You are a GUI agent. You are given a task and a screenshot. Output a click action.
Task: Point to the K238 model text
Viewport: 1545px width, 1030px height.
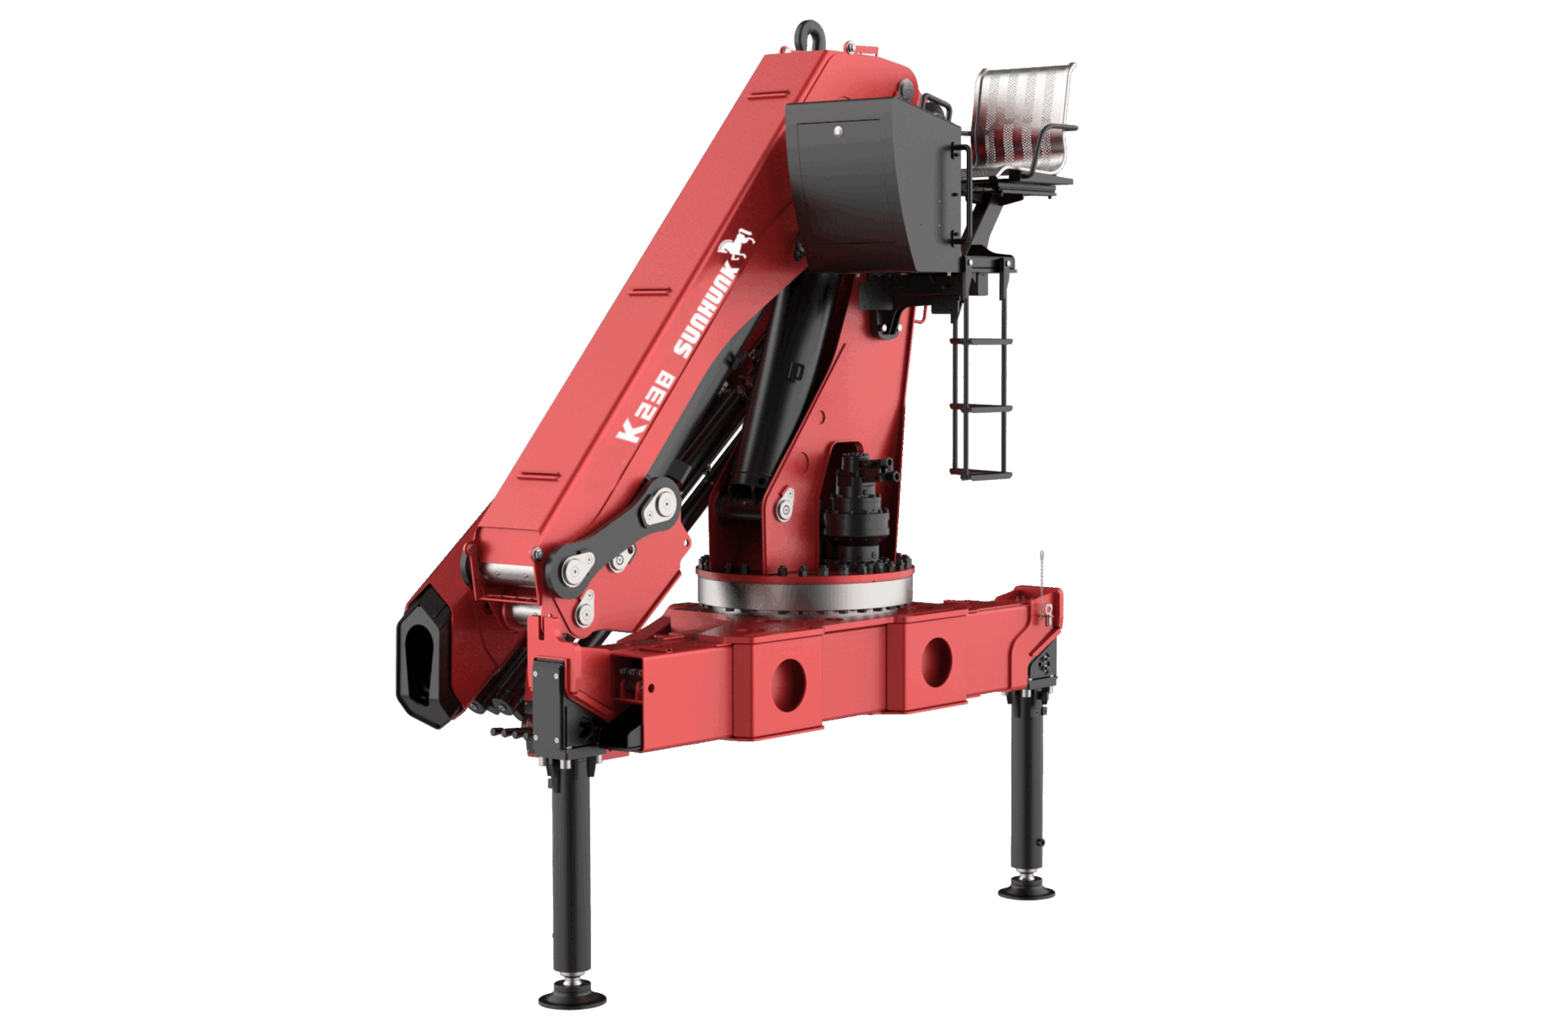click(x=645, y=405)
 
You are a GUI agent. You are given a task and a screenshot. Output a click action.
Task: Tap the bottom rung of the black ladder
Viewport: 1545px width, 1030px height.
click(x=981, y=475)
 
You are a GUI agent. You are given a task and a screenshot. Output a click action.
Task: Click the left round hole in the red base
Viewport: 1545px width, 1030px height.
click(x=788, y=685)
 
